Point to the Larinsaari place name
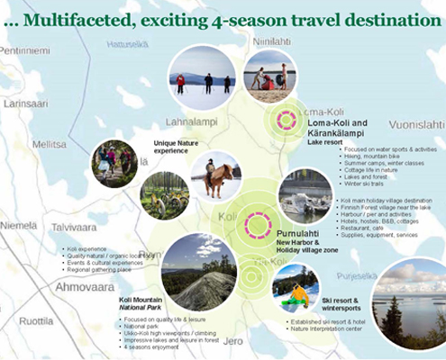tap(27, 103)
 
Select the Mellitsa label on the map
tap(49, 143)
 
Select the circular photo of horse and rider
tap(215, 176)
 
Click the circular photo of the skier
tap(295, 287)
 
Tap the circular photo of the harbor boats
tap(304, 195)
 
